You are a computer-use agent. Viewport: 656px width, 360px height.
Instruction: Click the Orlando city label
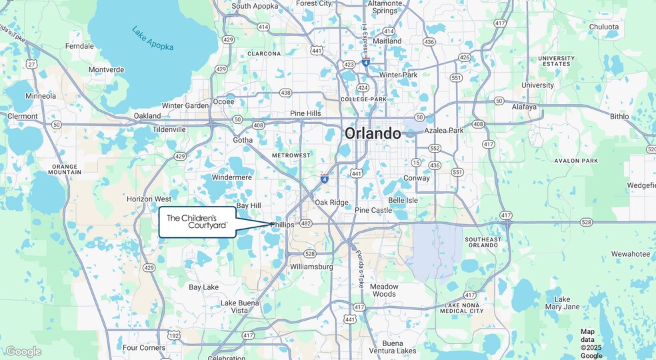click(x=373, y=133)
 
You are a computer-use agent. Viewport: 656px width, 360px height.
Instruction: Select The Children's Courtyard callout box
click(x=197, y=222)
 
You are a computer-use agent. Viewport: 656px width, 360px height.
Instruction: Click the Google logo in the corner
click(x=23, y=351)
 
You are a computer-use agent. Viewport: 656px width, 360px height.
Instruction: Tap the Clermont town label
click(x=23, y=116)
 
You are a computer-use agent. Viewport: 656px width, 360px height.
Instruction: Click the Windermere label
click(x=231, y=177)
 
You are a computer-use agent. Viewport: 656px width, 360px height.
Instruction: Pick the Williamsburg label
click(x=311, y=267)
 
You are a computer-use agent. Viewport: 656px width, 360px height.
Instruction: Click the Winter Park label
click(x=398, y=75)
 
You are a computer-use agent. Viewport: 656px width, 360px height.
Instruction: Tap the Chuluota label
click(x=603, y=27)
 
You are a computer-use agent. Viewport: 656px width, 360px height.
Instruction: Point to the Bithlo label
click(x=619, y=116)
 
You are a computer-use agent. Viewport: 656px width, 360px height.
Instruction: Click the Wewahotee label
click(x=630, y=254)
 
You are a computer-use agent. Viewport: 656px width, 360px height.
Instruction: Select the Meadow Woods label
click(x=384, y=290)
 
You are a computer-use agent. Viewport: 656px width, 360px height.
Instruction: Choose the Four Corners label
click(x=144, y=347)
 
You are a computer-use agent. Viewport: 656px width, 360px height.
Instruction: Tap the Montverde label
click(x=106, y=69)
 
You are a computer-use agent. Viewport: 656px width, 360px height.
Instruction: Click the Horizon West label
click(x=149, y=199)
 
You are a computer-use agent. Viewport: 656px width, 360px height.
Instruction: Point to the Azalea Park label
click(x=443, y=131)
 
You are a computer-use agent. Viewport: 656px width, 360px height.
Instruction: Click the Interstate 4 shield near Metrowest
click(x=324, y=178)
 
